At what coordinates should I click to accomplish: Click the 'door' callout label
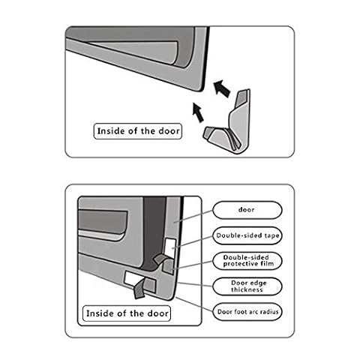coord(247,210)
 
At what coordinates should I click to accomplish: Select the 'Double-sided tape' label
coord(247,235)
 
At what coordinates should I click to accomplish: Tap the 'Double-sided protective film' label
coord(247,261)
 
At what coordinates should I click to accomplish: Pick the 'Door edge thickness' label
coord(247,286)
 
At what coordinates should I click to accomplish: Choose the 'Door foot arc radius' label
coord(247,312)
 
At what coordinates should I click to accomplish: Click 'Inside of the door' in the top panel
coord(138,131)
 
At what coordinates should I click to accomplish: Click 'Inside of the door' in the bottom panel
coord(127,313)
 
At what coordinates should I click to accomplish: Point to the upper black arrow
coord(222,88)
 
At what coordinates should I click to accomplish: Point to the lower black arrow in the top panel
coord(198,112)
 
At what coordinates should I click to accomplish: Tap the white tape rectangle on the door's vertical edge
coord(170,247)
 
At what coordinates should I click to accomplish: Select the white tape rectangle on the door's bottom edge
coord(133,279)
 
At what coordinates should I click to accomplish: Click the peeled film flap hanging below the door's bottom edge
coord(139,290)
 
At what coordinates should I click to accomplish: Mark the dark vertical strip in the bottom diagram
coord(154,232)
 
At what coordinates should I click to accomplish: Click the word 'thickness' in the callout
coord(247,289)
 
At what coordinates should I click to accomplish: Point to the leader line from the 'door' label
coord(193,216)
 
